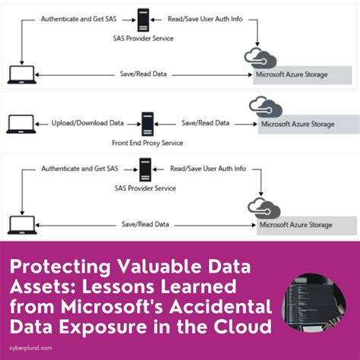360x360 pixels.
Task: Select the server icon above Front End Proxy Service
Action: click(147, 123)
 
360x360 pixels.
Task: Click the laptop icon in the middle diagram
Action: click(17, 123)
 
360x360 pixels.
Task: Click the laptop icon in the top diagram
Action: click(16, 74)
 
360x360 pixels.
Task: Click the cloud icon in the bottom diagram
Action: click(263, 207)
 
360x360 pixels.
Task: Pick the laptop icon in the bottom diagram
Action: click(16, 223)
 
